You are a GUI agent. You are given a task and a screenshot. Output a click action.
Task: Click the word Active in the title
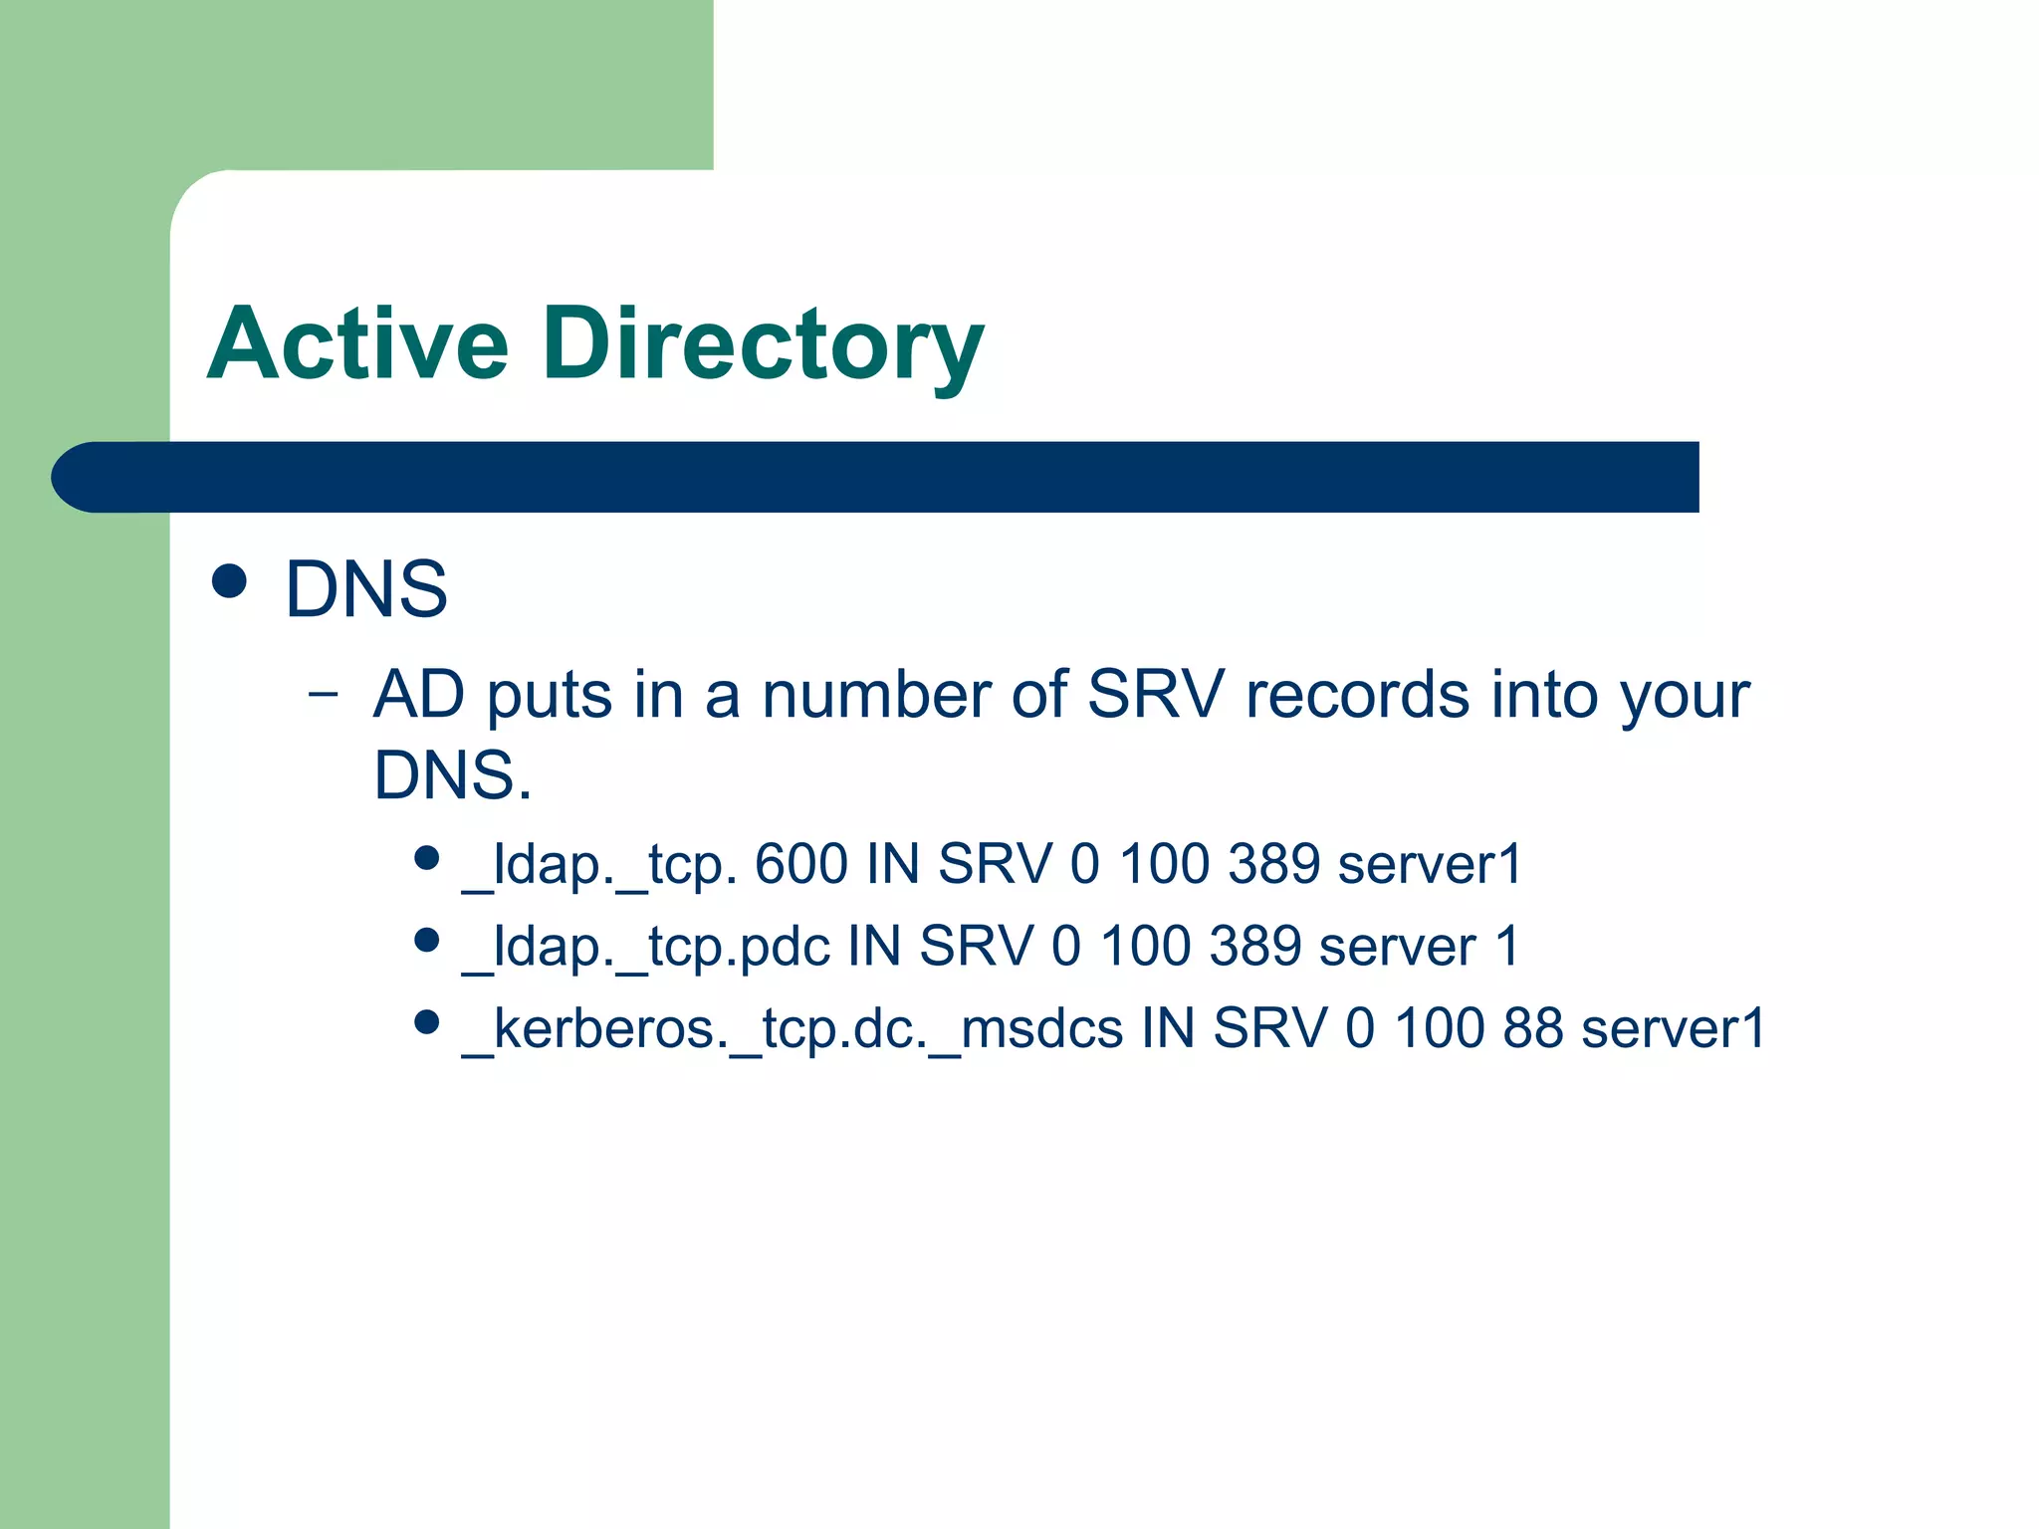coord(358,344)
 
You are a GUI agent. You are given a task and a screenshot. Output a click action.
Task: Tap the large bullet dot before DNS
coord(230,581)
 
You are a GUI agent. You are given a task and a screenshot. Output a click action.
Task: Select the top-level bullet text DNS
coord(366,589)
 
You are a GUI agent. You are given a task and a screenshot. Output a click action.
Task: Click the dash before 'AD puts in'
coord(323,693)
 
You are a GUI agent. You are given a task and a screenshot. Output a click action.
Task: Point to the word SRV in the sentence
coord(1155,694)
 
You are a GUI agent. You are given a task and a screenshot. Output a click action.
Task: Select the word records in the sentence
coord(1357,694)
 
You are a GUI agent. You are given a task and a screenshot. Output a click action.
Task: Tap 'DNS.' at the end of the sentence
coord(453,775)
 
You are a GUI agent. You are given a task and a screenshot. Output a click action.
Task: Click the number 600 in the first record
coord(801,863)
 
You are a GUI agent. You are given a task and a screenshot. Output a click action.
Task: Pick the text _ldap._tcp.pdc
coord(646,946)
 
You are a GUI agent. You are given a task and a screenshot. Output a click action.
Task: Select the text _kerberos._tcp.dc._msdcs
coord(793,1029)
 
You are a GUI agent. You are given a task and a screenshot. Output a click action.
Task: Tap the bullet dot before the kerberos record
coord(427,1022)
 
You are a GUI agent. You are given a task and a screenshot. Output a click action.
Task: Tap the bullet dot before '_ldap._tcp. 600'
coord(427,858)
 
